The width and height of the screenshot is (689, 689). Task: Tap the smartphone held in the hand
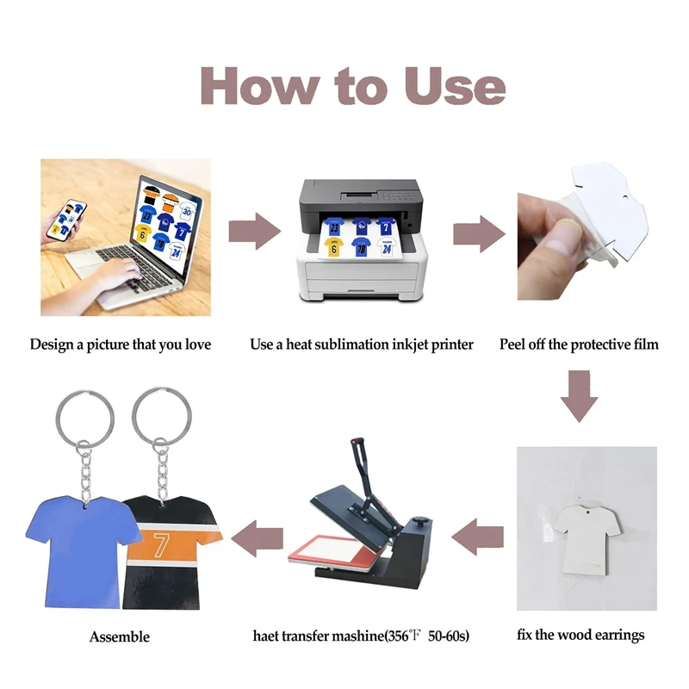[x=62, y=219]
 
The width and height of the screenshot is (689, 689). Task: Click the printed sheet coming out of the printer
[x=361, y=238]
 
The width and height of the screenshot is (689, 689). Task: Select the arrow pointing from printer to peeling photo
[x=479, y=232]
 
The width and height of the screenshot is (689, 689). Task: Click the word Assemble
[x=119, y=637]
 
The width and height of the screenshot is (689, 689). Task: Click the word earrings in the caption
[x=613, y=636]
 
